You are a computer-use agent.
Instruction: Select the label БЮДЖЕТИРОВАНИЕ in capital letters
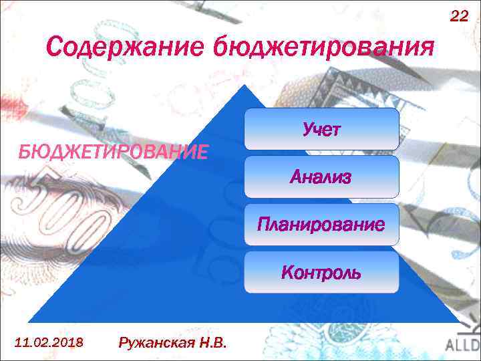click(113, 152)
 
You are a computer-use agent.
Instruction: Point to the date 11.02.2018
click(48, 343)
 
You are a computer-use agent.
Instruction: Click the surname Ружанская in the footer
click(157, 344)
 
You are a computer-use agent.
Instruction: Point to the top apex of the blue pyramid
click(245, 86)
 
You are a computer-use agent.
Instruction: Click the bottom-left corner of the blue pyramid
click(28, 322)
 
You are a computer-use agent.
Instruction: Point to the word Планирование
click(321, 225)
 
